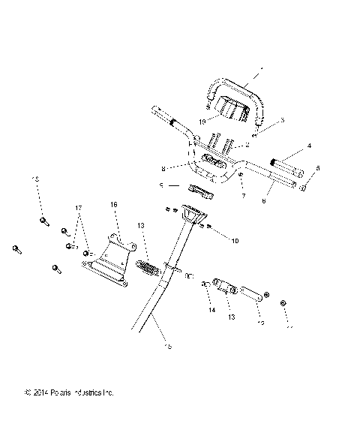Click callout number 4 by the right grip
[x=309, y=146]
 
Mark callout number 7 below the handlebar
[x=243, y=196]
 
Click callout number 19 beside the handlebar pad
[x=202, y=121]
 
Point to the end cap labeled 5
[x=304, y=188]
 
